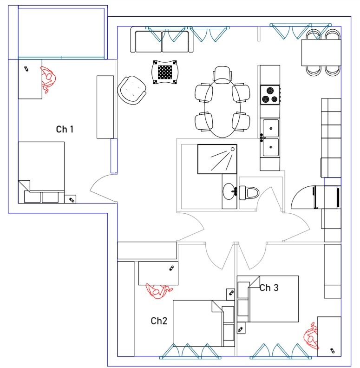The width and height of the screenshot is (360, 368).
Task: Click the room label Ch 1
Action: click(x=65, y=129)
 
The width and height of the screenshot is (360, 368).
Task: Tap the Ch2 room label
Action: click(x=159, y=321)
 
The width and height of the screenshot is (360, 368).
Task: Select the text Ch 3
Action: click(x=269, y=288)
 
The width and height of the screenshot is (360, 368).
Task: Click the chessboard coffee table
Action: click(x=165, y=72)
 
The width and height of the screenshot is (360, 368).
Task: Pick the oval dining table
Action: click(x=223, y=108)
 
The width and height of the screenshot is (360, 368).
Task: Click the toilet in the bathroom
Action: click(x=249, y=193)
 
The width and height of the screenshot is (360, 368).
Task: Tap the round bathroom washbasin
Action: click(x=229, y=191)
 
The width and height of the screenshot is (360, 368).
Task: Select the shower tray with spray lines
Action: click(x=217, y=159)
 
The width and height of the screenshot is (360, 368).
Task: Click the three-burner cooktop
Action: click(x=270, y=95)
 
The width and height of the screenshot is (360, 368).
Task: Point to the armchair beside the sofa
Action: click(x=131, y=90)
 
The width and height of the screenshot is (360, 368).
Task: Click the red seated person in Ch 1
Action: click(x=49, y=79)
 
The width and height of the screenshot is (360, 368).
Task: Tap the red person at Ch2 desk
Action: click(x=159, y=291)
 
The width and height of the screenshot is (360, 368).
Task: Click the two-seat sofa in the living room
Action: click(x=162, y=39)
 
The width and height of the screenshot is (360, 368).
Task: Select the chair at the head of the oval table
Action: click(x=223, y=75)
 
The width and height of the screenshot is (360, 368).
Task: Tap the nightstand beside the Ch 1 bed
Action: click(x=70, y=199)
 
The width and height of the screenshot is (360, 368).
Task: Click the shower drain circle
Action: click(x=233, y=149)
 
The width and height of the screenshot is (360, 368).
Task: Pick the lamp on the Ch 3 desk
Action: click(x=332, y=351)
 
